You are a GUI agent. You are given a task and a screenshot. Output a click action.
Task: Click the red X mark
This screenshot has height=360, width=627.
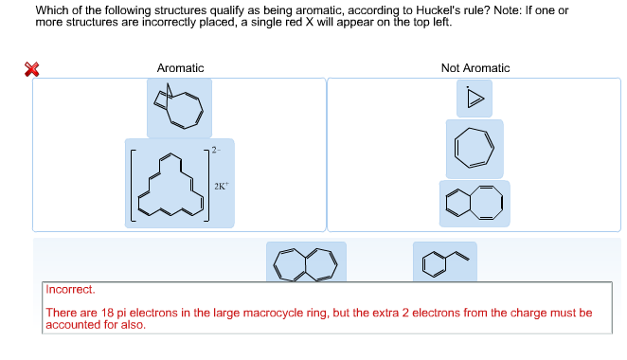(33, 68)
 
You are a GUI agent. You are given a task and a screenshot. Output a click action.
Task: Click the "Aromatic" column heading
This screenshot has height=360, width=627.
(180, 68)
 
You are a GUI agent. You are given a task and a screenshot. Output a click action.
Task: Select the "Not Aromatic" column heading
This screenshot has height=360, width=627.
(475, 68)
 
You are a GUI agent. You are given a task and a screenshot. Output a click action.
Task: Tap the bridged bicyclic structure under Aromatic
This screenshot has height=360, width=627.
(179, 108)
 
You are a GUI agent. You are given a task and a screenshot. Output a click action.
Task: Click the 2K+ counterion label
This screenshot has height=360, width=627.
(221, 187)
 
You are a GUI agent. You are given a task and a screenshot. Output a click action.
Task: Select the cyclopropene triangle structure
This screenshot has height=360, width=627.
(475, 99)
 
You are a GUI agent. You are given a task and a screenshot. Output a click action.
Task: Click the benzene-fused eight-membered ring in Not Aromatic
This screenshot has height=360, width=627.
(475, 204)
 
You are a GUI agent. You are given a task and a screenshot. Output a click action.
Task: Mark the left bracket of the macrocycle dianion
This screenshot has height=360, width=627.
(133, 185)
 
